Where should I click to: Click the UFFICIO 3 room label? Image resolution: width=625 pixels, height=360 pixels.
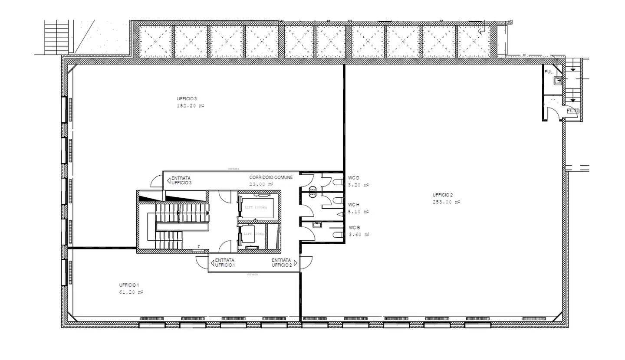187,99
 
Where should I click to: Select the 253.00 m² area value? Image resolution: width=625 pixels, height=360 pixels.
446,202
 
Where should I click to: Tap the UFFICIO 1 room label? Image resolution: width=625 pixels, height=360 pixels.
129,285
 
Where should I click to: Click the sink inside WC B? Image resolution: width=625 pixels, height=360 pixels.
317,225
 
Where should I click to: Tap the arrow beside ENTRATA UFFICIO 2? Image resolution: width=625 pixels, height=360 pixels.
296,262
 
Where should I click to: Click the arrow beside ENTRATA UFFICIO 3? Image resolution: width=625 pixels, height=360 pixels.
168,180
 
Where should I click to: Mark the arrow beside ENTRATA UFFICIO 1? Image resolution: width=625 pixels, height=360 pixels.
212,262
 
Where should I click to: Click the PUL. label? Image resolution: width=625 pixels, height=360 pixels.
549,72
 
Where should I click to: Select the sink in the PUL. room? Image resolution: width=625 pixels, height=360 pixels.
559,80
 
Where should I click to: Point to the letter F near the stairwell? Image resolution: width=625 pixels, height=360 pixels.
199,246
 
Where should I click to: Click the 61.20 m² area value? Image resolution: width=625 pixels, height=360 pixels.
131,292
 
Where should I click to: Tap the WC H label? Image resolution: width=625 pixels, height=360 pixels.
354,205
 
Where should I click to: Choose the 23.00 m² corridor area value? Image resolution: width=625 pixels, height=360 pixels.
261,184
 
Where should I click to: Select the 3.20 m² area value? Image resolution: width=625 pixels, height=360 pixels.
358,185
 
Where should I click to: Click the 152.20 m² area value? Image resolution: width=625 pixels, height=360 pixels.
190,106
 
